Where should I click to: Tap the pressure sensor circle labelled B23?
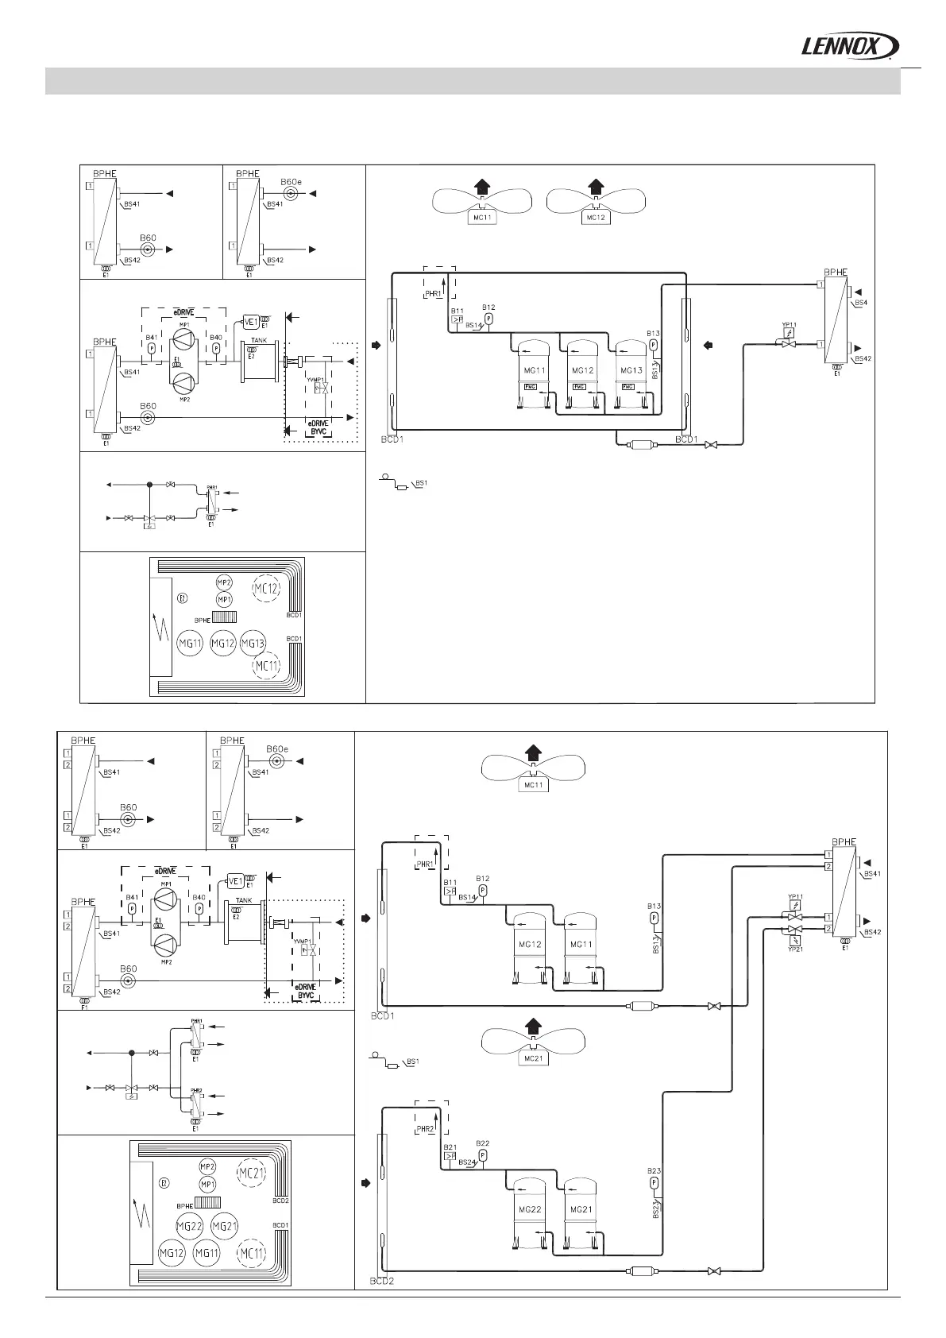coord(654,1183)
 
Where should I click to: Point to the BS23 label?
coord(657,1209)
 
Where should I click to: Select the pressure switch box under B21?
coord(450,1157)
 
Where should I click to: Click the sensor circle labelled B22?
coord(482,1154)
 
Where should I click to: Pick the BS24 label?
coord(467,1162)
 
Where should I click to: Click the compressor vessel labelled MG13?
coord(631,371)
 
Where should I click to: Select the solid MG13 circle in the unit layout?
coord(252,643)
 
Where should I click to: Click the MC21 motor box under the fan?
coord(534,1058)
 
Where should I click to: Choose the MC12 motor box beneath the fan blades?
coord(596,217)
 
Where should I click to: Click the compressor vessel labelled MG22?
coord(530,1209)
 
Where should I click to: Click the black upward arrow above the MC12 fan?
coord(596,188)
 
